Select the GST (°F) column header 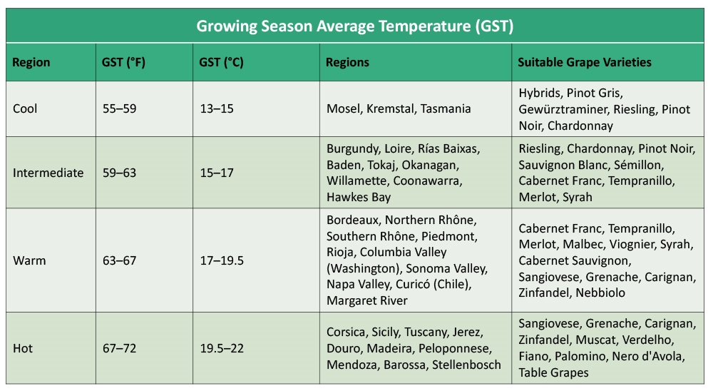pyautogui.click(x=123, y=62)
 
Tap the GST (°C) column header pyautogui.click(x=221, y=62)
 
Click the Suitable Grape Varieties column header pyautogui.click(x=585, y=62)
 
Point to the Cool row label pyautogui.click(x=25, y=108)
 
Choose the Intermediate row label pyautogui.click(x=48, y=173)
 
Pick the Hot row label pyautogui.click(x=23, y=349)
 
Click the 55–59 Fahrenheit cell pyautogui.click(x=119, y=108)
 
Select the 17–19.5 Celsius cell pyautogui.click(x=222, y=261)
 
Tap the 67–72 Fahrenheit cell pyautogui.click(x=119, y=349)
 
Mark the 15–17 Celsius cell pyautogui.click(x=217, y=173)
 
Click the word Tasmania pyautogui.click(x=446, y=108)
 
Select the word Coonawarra pyautogui.click(x=427, y=181)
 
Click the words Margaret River pyautogui.click(x=367, y=301)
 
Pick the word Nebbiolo pyautogui.click(x=600, y=293)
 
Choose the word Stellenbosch pyautogui.click(x=466, y=365)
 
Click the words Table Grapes pyautogui.click(x=553, y=372)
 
